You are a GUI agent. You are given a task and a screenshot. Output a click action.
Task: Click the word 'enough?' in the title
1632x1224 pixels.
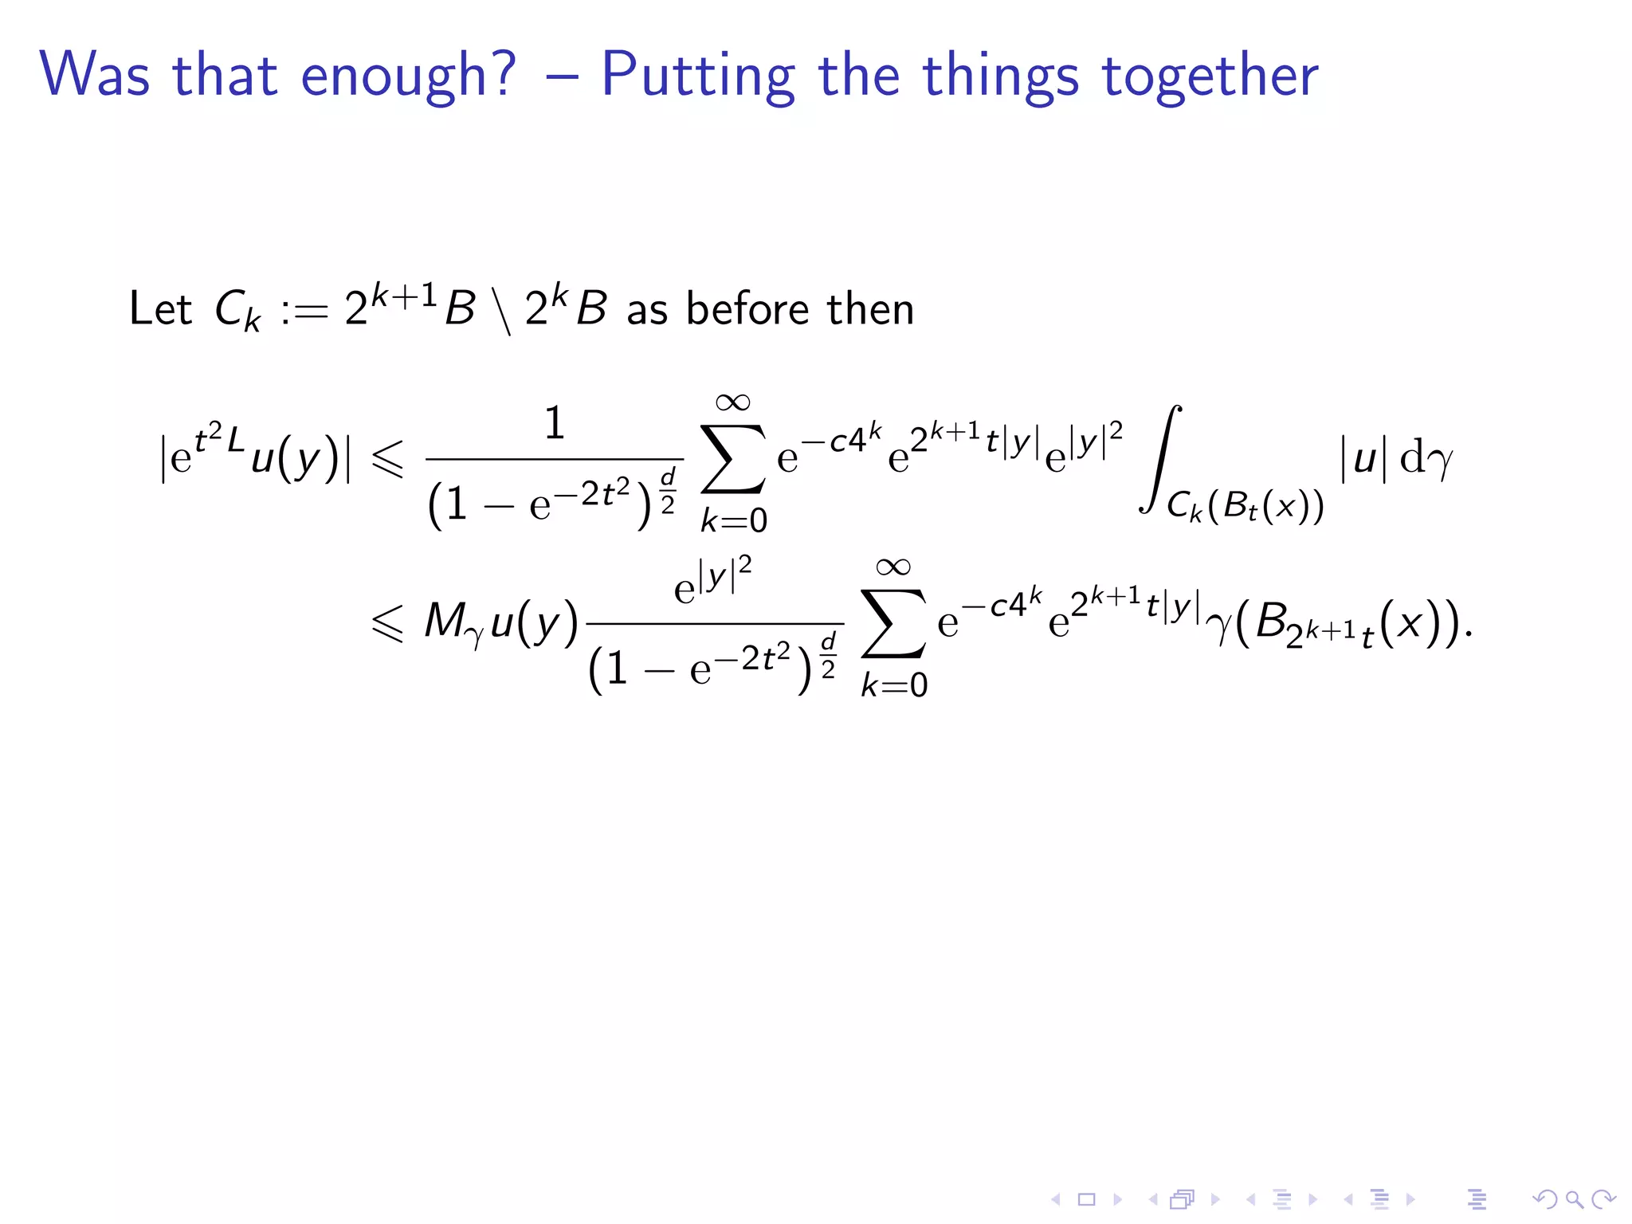tap(409, 76)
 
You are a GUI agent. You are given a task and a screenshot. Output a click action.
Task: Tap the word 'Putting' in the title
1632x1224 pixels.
tap(698, 76)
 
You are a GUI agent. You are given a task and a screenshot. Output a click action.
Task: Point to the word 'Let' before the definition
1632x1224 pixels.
tap(160, 309)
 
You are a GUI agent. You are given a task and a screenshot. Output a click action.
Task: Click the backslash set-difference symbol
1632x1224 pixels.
tap(502, 311)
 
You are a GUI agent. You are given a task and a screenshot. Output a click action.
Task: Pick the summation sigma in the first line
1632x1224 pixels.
tap(732, 459)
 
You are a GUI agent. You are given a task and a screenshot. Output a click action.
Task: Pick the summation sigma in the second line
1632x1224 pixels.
tap(893, 624)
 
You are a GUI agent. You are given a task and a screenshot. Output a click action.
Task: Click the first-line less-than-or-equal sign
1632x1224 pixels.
tap(388, 460)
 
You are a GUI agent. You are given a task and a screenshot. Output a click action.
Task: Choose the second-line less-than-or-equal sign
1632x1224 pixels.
tap(388, 622)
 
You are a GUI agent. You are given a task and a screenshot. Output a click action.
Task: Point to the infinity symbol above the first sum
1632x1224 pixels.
tap(732, 402)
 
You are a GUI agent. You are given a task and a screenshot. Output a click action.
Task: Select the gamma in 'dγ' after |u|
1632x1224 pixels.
tap(1439, 461)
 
